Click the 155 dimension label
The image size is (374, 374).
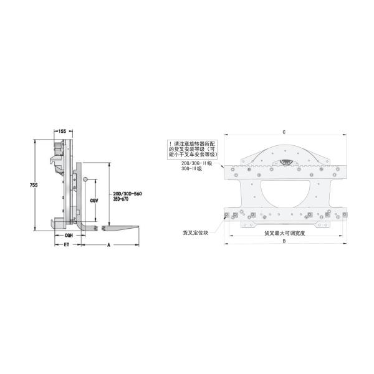[x=62, y=132]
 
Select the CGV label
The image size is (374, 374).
[x=93, y=200]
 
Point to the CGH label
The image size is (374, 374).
[x=69, y=236]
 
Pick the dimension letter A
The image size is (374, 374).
[x=110, y=246]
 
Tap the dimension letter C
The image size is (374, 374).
[x=284, y=132]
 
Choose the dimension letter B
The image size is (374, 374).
[x=284, y=242]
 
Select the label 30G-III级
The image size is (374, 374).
[x=191, y=168]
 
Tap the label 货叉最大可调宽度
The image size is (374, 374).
[x=284, y=233]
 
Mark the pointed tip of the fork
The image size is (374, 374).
[x=143, y=228]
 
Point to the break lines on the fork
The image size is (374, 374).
[x=99, y=228]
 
